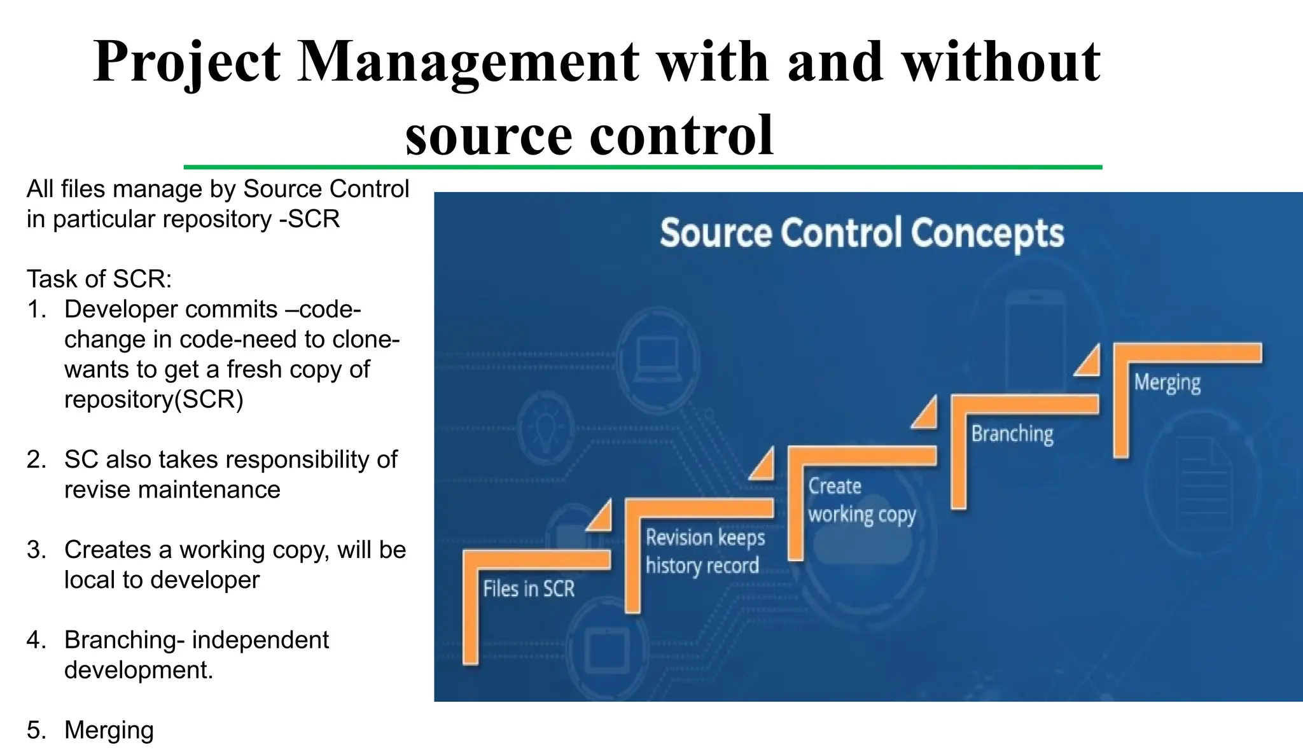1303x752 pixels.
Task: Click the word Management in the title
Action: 468,62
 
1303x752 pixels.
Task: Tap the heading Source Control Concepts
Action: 861,233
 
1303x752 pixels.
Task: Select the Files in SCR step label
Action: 528,589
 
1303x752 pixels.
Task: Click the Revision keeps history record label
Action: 704,552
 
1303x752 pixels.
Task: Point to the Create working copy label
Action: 861,501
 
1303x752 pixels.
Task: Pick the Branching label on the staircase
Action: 1012,434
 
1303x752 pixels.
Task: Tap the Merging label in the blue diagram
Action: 1167,382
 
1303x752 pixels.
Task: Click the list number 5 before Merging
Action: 36,730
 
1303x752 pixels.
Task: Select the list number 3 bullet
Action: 36,550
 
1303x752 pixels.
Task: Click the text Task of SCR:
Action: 99,279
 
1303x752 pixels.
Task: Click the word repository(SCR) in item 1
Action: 153,400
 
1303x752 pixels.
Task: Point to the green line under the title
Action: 643,167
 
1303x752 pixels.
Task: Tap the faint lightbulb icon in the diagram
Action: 545,426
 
